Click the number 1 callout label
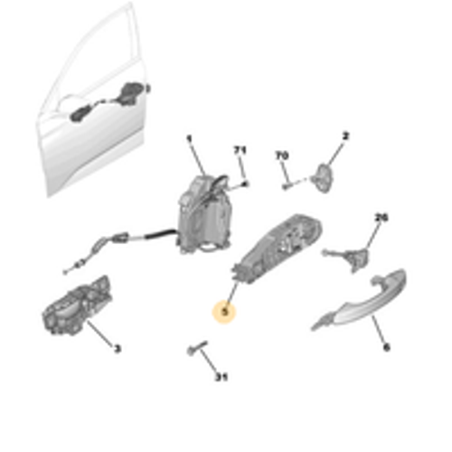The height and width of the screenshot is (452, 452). coord(190,138)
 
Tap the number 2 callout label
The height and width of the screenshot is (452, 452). coord(344,137)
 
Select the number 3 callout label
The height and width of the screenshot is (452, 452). coord(117,348)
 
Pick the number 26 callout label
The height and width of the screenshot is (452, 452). coord(381,217)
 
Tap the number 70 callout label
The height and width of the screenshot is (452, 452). coord(281,156)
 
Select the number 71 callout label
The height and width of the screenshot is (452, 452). coord(240,148)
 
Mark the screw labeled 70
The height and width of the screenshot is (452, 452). coord(287,187)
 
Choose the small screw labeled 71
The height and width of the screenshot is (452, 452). coord(245,184)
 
